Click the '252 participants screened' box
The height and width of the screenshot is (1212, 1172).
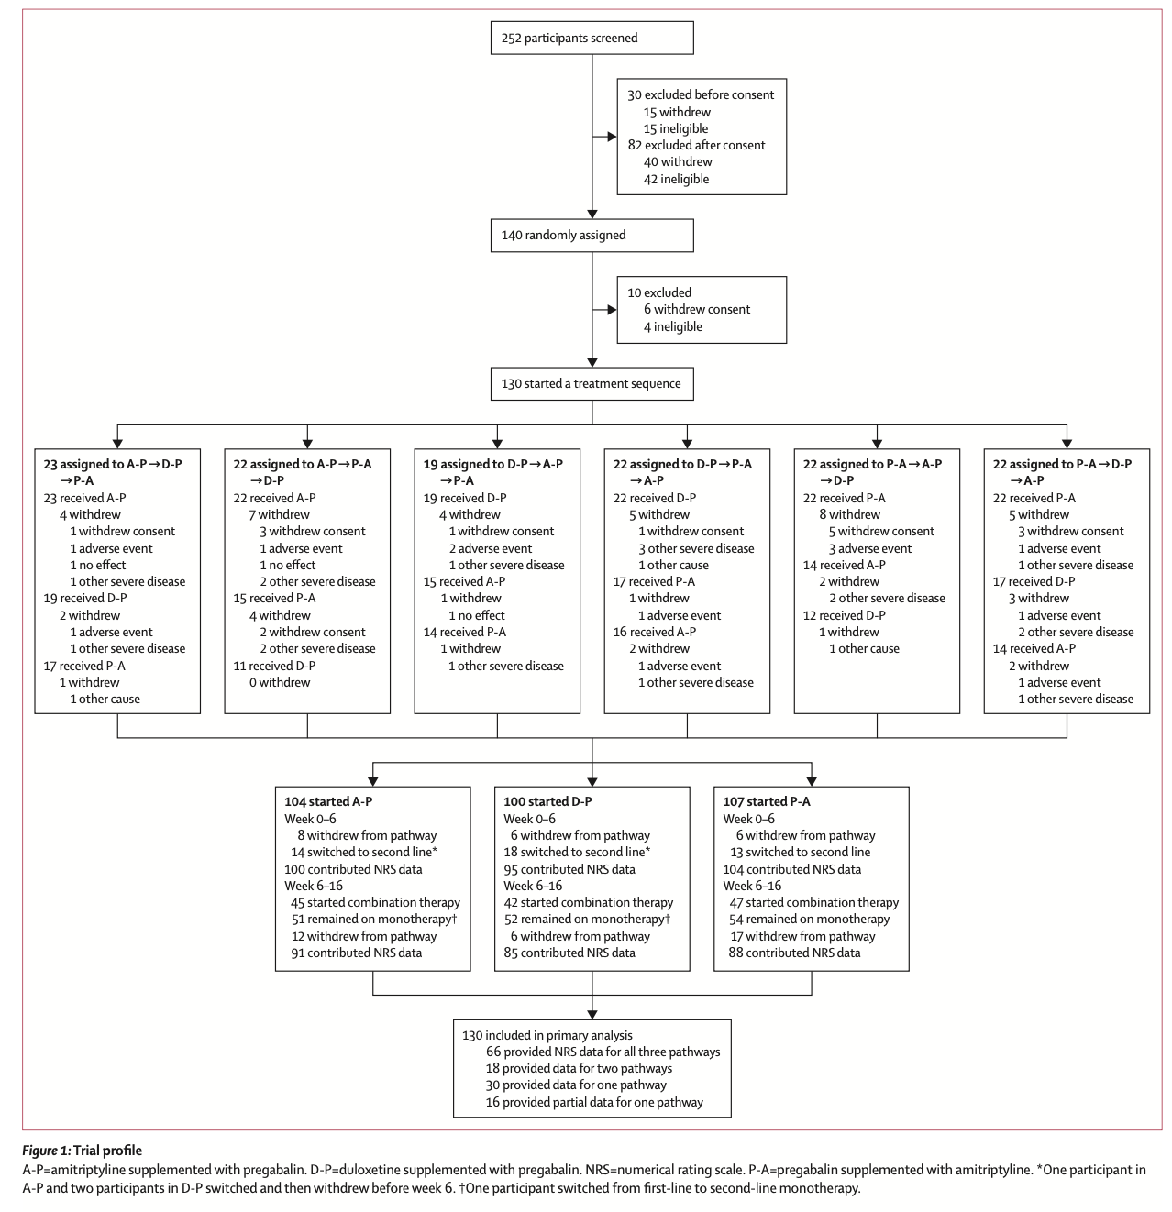point(592,38)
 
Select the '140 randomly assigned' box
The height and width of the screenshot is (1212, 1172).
point(592,236)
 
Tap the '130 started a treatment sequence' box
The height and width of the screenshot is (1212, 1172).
point(592,383)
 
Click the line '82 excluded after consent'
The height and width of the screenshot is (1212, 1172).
point(696,145)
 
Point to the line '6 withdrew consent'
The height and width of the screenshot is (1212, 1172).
point(697,310)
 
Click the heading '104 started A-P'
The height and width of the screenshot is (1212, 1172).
point(328,801)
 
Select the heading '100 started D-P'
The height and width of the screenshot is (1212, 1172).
point(547,801)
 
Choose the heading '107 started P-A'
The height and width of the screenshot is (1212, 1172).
point(767,801)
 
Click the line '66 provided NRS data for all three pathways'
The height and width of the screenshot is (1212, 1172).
point(603,1052)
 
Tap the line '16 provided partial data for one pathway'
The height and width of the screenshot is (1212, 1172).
point(594,1102)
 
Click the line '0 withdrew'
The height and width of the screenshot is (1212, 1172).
point(280,683)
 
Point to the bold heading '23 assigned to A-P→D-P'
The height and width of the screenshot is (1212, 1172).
point(113,465)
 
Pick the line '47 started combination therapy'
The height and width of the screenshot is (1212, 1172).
point(814,902)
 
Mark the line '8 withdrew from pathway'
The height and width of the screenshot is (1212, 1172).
point(367,836)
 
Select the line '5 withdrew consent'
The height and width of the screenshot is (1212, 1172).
point(881,531)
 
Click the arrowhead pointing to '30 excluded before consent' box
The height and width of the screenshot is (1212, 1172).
point(612,137)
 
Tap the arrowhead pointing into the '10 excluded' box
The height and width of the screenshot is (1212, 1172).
point(612,310)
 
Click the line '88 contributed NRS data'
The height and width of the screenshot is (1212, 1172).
point(794,953)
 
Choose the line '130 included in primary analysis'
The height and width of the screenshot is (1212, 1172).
point(547,1035)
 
